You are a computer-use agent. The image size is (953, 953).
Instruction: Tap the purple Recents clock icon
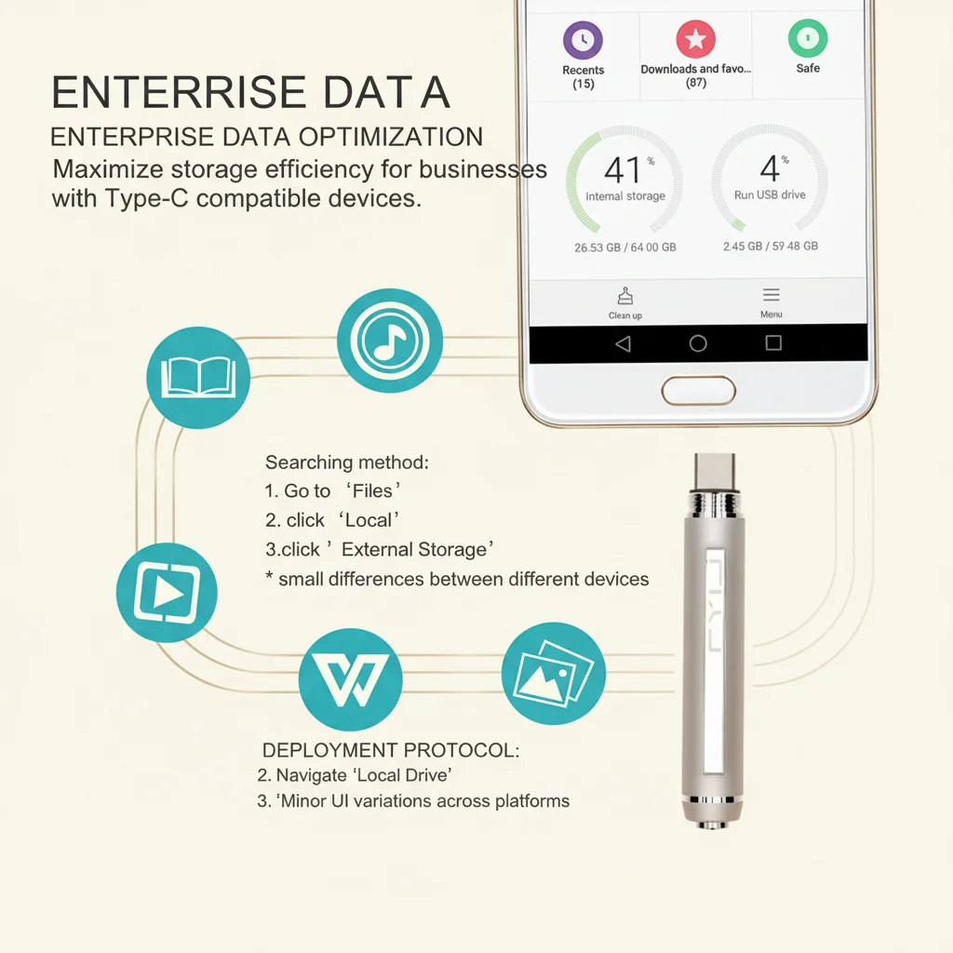pos(583,40)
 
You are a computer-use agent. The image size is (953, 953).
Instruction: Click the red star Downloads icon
pos(696,39)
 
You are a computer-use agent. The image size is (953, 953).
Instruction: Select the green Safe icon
pos(808,37)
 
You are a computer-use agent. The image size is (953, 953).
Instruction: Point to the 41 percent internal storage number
pos(623,169)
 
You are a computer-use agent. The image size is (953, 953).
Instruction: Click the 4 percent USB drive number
pos(770,168)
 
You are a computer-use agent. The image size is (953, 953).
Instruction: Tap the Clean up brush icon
pos(625,296)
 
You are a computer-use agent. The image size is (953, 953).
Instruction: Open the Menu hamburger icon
pos(772,295)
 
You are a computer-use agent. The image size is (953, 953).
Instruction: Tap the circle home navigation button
pos(698,343)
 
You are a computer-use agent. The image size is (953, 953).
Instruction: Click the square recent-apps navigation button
pos(773,342)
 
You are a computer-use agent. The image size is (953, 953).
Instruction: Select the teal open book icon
pos(198,378)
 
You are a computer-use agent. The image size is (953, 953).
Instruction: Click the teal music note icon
pos(390,341)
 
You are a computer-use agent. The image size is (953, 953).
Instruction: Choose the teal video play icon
pos(168,593)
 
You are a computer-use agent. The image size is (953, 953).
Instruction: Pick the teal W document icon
pos(351,679)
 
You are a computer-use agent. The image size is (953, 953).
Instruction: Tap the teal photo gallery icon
pos(554,674)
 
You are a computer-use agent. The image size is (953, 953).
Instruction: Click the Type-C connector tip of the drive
pos(716,472)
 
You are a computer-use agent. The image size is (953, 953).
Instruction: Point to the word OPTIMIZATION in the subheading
pos(391,137)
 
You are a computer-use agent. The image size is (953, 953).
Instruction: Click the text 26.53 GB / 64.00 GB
pos(625,248)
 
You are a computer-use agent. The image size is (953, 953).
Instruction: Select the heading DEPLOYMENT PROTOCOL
pos(391,750)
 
